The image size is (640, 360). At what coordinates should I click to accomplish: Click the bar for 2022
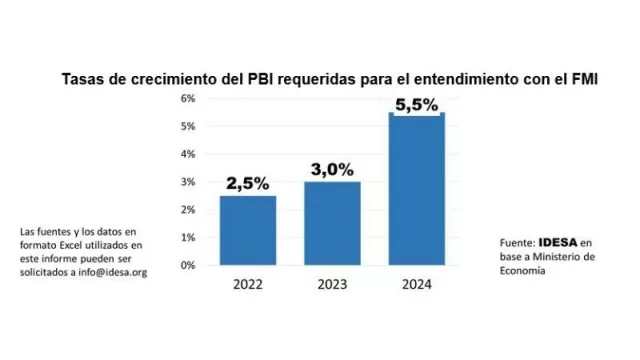[248, 230]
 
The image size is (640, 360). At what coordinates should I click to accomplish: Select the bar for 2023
[332, 223]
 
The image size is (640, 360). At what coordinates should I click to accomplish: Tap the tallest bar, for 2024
[416, 190]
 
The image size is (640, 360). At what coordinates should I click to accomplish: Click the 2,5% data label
[248, 184]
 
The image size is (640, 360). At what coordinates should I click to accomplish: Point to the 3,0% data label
[332, 170]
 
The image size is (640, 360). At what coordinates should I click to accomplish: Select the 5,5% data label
[416, 103]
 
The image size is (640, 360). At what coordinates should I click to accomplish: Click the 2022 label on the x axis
[248, 283]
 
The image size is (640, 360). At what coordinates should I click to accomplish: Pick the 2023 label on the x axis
[332, 283]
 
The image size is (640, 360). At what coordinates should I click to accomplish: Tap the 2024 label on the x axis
[416, 283]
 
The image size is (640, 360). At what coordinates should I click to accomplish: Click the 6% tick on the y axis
[187, 99]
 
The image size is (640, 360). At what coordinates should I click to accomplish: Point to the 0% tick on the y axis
[187, 266]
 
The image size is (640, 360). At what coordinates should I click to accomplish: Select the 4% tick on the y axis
[187, 155]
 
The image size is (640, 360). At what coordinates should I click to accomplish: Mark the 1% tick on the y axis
[187, 238]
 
